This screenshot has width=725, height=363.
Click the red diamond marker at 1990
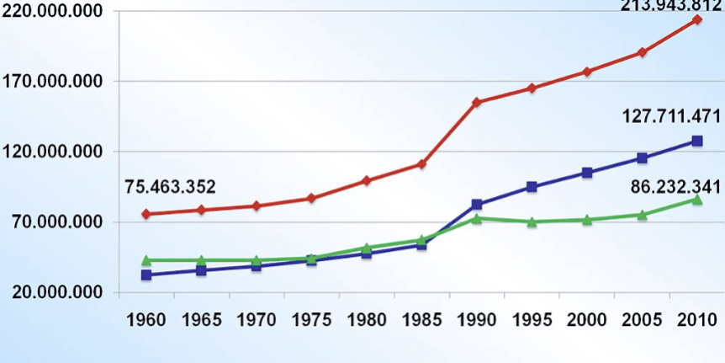click(477, 102)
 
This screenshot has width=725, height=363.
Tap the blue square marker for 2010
click(697, 141)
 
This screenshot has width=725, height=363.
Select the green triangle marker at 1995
click(532, 222)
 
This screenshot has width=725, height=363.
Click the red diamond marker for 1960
click(146, 214)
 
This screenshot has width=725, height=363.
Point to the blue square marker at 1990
click(477, 205)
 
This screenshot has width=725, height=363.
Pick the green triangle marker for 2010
click(697, 199)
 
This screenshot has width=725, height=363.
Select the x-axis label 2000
click(587, 320)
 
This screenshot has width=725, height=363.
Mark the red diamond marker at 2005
click(642, 52)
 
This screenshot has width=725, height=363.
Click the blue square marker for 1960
click(146, 275)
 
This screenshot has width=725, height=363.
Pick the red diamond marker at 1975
click(311, 198)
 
